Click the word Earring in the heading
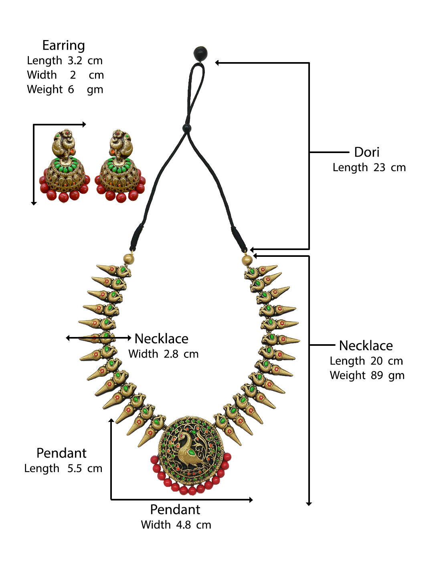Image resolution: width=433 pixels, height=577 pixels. [x=63, y=46]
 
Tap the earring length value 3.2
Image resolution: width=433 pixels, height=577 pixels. [x=75, y=61]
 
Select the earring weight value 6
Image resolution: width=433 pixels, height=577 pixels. [x=71, y=89]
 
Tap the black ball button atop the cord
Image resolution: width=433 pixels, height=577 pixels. [x=200, y=53]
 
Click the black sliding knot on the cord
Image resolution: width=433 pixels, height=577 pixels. [x=186, y=128]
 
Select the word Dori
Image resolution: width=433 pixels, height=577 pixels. [x=366, y=152]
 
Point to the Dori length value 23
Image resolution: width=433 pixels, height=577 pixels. [x=379, y=167]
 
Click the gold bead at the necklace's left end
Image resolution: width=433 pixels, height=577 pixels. [x=128, y=259]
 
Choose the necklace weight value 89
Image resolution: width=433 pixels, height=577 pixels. [x=376, y=375]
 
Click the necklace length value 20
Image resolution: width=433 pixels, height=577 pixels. [x=376, y=361]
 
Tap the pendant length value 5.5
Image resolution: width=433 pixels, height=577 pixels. [x=75, y=468]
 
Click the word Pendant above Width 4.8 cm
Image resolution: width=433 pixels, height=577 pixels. [x=175, y=510]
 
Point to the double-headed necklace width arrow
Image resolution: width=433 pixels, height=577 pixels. [x=99, y=338]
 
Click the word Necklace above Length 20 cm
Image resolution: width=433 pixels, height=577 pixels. [x=366, y=346]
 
